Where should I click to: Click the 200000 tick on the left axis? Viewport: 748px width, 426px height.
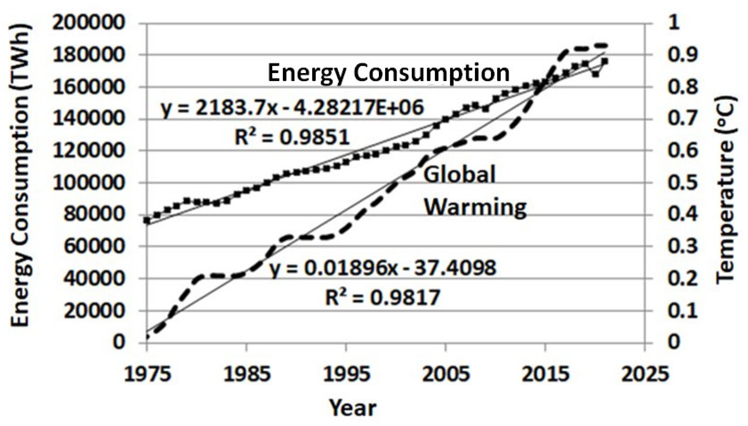pyautogui.click(x=88, y=23)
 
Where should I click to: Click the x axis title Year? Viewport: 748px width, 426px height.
pyautogui.click(x=353, y=408)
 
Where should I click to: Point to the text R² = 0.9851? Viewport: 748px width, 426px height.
pyautogui.click(x=292, y=137)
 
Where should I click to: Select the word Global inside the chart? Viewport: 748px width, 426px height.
pyautogui.click(x=459, y=175)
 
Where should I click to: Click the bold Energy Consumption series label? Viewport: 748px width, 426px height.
pyautogui.click(x=389, y=73)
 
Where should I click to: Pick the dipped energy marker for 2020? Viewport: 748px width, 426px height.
pyautogui.click(x=595, y=74)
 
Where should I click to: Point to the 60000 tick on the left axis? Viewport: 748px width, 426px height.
pyautogui.click(x=94, y=246)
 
